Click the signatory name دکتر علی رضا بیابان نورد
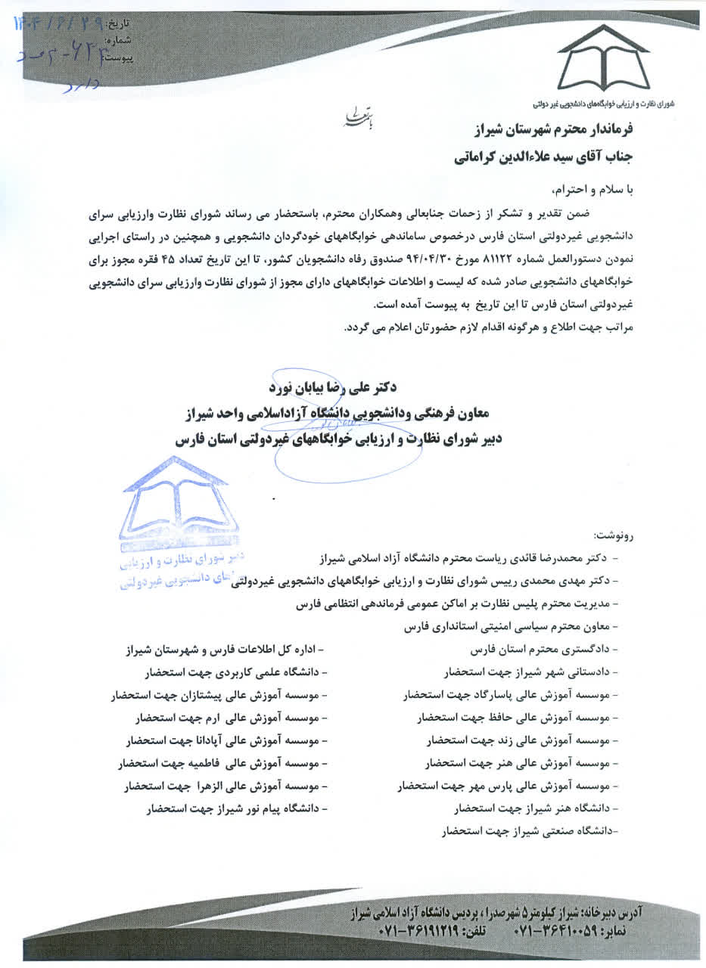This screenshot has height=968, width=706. (333, 386)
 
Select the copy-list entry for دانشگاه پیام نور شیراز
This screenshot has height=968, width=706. (238, 808)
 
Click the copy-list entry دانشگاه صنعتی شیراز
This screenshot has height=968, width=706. (529, 833)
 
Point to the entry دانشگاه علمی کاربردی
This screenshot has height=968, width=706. (235, 672)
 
